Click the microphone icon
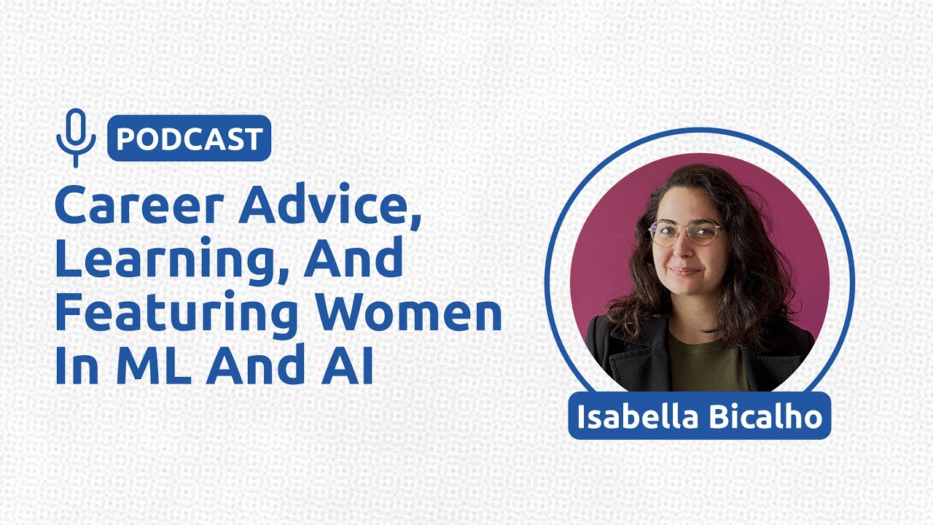(76, 137)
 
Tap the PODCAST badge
(189, 138)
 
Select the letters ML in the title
(154, 367)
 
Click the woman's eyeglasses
(684, 233)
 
